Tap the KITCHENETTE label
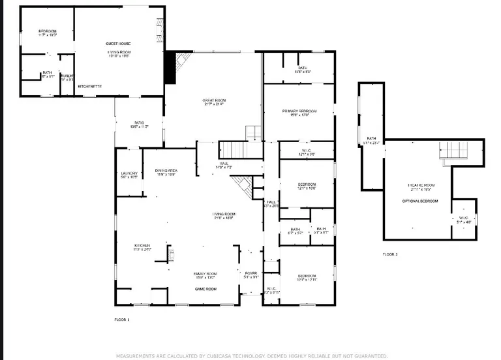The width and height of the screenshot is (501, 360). (x=89, y=86)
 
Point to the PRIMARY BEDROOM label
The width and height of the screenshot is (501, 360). (x=299, y=112)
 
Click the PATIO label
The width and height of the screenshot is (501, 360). (x=139, y=122)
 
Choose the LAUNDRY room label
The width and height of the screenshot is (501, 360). (x=129, y=173)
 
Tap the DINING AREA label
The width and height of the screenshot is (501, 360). (x=166, y=170)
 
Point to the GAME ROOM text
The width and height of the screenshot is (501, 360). (x=206, y=288)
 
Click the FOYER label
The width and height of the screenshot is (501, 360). (x=251, y=273)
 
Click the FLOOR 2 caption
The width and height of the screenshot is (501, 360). (x=389, y=254)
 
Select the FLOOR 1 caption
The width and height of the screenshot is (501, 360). (x=122, y=320)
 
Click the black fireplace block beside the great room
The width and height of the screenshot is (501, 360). (x=170, y=67)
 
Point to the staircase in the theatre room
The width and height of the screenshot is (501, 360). (x=454, y=151)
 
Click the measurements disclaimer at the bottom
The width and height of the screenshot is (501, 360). (x=252, y=356)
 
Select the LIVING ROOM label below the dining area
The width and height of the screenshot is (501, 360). (x=223, y=214)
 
